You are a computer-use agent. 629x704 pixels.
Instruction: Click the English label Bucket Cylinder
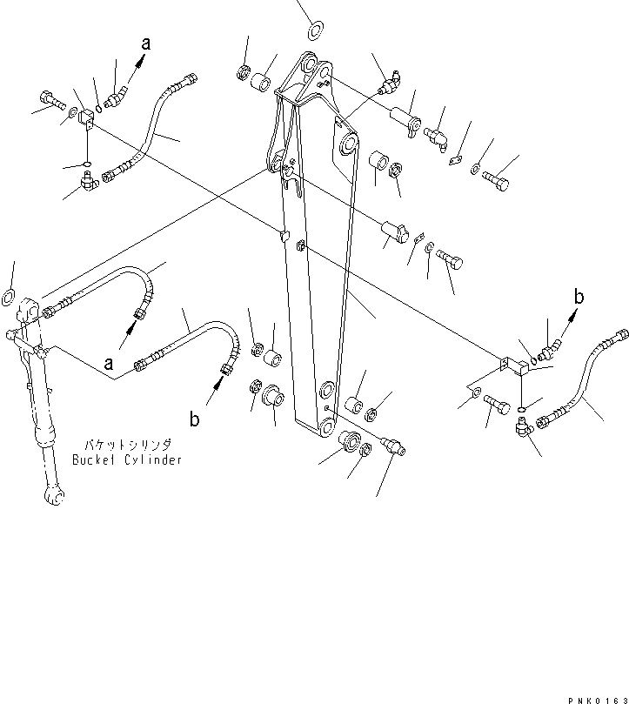[127, 459]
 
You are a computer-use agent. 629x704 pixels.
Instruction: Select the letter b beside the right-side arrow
[577, 295]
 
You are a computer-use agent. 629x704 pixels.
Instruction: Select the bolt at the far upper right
[498, 182]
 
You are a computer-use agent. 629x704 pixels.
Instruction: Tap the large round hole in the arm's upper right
[348, 144]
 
